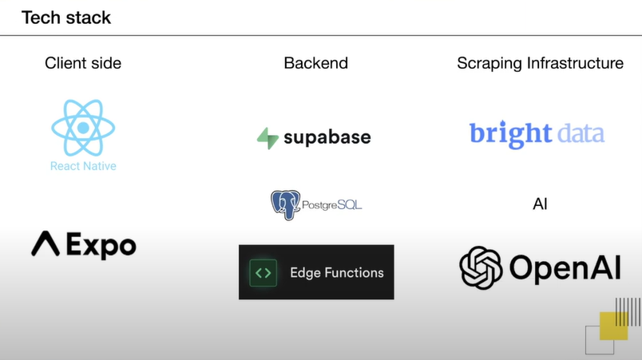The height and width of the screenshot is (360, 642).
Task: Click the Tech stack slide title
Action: click(x=66, y=18)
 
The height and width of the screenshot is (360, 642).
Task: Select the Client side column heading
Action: click(x=83, y=63)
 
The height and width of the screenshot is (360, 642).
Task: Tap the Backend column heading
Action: click(x=316, y=63)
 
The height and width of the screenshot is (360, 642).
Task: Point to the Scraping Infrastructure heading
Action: click(x=540, y=63)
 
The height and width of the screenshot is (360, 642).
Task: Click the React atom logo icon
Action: click(x=83, y=127)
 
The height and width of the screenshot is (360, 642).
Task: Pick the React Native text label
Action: click(x=83, y=166)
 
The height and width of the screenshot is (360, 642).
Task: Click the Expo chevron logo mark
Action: click(x=46, y=244)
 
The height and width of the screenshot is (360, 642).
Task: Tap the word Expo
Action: click(x=101, y=245)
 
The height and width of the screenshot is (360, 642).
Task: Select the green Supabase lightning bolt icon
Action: click(x=267, y=137)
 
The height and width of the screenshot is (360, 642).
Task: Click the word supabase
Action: click(x=327, y=137)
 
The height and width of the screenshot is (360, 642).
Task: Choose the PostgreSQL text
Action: click(x=332, y=205)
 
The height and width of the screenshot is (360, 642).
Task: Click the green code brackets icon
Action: click(x=264, y=272)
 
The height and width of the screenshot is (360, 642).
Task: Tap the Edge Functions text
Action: click(x=337, y=272)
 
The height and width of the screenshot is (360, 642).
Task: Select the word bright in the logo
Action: click(x=511, y=133)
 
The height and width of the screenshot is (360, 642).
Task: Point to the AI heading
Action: click(x=540, y=204)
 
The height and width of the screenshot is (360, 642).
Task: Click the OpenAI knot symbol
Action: click(x=481, y=267)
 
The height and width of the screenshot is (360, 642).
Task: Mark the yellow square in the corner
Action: click(x=613, y=326)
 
